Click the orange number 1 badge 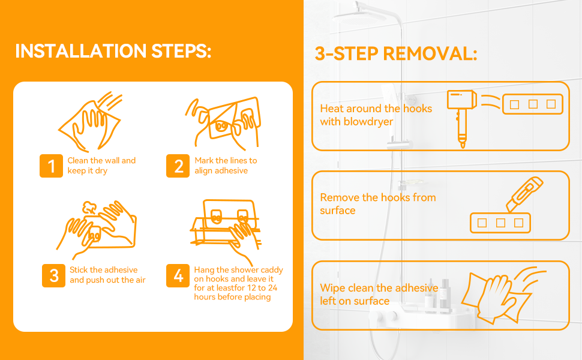tap(51, 166)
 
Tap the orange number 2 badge tap(178, 166)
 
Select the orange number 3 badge tap(53, 275)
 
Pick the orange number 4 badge tap(178, 275)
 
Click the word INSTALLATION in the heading tap(81, 51)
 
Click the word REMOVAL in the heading tap(430, 53)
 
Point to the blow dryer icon tap(462, 118)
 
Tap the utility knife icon tap(524, 194)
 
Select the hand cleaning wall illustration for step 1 tap(90, 122)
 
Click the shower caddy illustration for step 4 tap(226, 231)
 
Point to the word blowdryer tap(368, 122)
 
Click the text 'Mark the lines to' tap(226, 160)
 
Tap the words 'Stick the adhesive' tap(104, 270)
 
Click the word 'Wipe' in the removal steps tap(332, 288)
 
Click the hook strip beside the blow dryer tap(533, 104)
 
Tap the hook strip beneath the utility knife tap(500, 223)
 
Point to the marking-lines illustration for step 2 tap(223, 123)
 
